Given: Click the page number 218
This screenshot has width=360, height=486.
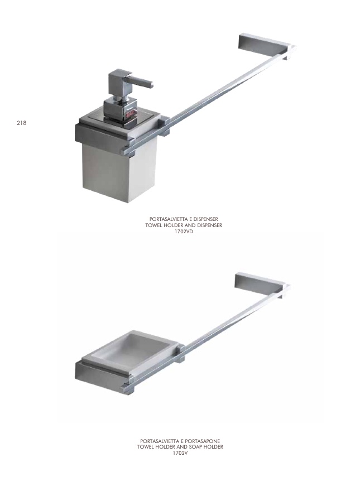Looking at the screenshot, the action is (x=21, y=123).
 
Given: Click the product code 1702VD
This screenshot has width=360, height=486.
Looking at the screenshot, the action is (x=184, y=231).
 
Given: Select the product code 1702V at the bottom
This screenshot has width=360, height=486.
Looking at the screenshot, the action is (x=180, y=453).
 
